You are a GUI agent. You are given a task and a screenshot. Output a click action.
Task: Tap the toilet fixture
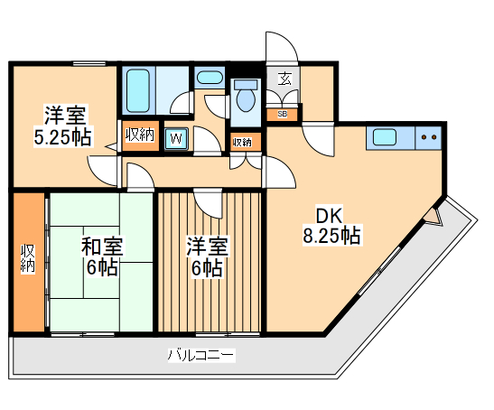tap(244, 100)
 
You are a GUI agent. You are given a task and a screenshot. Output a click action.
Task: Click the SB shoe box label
tap(283, 115)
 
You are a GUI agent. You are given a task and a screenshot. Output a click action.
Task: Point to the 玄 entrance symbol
tap(284, 79)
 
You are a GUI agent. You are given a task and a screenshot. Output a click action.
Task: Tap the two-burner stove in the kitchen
tap(427, 139)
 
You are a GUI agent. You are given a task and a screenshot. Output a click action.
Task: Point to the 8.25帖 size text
tap(331, 237)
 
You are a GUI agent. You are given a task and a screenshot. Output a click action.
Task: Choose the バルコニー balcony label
tap(200, 356)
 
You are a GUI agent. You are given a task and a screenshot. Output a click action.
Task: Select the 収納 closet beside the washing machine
tap(140, 135)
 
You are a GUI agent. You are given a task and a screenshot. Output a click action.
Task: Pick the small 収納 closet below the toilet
tap(242, 142)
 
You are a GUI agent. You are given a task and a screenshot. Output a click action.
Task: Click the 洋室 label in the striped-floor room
tap(208, 246)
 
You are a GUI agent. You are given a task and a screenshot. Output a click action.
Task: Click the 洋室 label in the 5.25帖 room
tap(65, 116)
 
